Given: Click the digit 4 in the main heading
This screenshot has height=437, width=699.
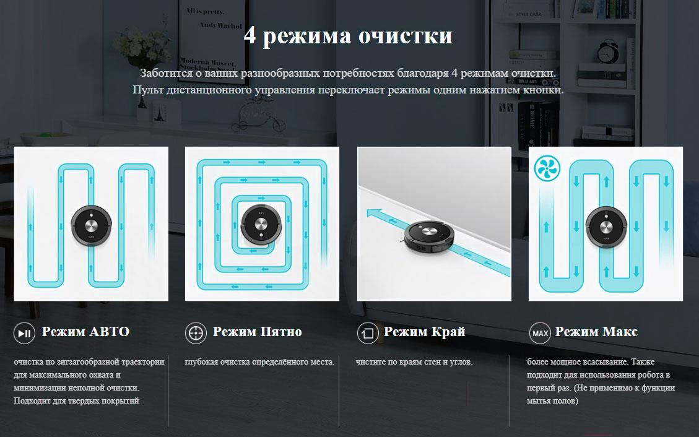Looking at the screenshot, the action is (x=250, y=36).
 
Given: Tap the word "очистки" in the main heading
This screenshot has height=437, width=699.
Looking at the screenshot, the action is (x=406, y=36).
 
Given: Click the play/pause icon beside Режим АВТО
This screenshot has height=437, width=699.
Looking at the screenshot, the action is (x=24, y=333).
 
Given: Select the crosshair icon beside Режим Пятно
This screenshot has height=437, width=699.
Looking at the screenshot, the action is (x=196, y=333).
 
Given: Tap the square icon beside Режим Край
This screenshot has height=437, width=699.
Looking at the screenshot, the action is (x=368, y=333).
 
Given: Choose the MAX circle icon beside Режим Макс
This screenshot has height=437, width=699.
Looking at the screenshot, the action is (x=540, y=333).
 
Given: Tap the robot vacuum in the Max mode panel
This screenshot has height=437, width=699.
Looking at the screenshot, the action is (x=606, y=227).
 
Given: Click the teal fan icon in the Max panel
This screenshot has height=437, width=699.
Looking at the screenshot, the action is (x=547, y=168).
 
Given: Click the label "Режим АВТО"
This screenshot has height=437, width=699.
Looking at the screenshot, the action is (x=85, y=331).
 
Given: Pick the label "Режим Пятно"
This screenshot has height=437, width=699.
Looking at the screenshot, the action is (x=257, y=331).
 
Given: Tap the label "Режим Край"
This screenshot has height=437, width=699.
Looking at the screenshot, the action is (x=424, y=332).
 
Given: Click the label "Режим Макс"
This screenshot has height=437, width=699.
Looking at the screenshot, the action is (x=596, y=331).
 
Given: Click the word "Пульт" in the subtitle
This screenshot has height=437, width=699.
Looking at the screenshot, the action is (x=148, y=90).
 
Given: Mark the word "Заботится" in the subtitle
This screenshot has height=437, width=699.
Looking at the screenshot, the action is (x=167, y=73).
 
